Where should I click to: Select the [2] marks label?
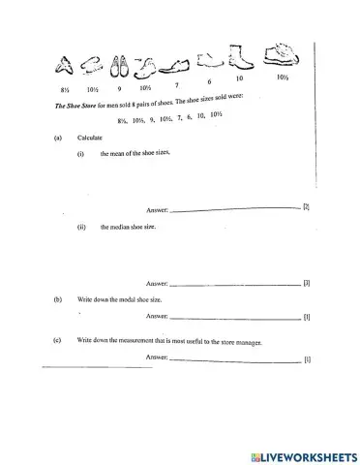(x=306, y=207)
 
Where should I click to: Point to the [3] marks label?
(x=306, y=283)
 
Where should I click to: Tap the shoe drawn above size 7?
(x=175, y=68)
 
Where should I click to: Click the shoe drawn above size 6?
(x=209, y=63)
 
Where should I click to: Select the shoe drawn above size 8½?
(x=66, y=66)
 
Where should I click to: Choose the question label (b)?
(x=59, y=300)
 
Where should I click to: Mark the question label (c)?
(x=59, y=341)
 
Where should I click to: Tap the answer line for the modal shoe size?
(x=235, y=318)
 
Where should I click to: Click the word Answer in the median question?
(x=157, y=285)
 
